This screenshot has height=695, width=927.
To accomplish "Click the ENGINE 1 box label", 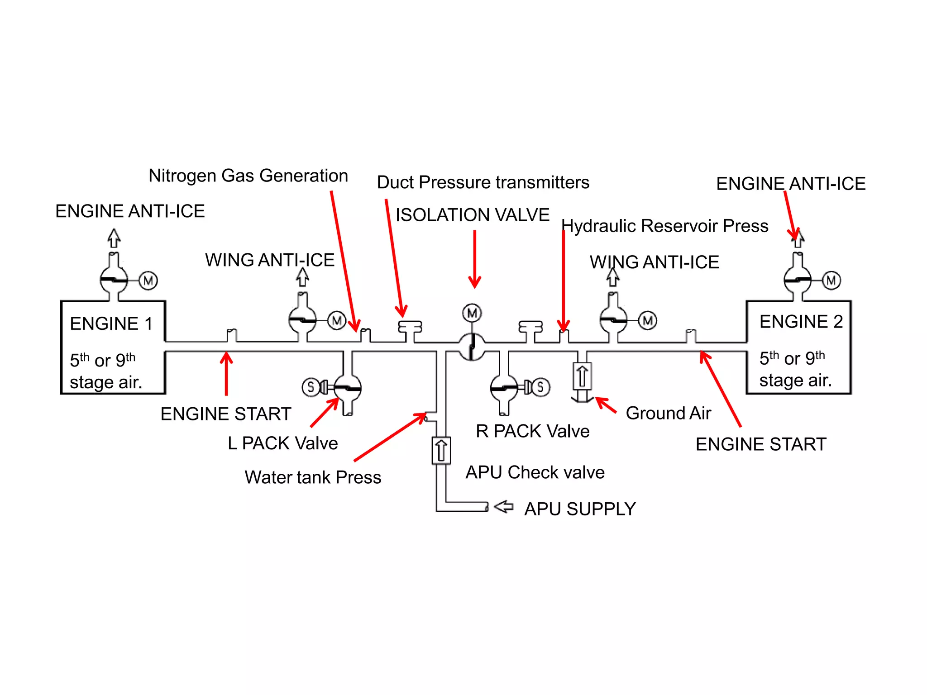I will click(x=111, y=324).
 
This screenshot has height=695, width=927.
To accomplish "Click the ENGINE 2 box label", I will click(x=801, y=322).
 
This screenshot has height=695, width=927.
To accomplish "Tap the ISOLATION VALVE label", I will click(x=472, y=215).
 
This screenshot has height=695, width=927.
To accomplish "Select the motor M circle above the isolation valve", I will click(x=472, y=313).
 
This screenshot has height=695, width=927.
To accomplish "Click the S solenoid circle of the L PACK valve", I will click(x=311, y=387).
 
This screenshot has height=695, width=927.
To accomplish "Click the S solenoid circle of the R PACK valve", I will click(x=540, y=387).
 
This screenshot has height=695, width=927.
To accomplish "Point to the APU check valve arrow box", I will click(x=441, y=450).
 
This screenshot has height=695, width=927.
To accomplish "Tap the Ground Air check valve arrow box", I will click(x=582, y=376).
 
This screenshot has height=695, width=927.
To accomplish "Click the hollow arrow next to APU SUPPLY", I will click(x=503, y=507).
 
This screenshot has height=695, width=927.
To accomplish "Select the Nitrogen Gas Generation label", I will click(x=248, y=176).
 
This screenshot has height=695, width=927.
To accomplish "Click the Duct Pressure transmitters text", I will click(x=483, y=182).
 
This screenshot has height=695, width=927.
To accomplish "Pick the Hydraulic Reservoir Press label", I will click(x=664, y=226).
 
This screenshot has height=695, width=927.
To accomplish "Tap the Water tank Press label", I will click(x=313, y=477).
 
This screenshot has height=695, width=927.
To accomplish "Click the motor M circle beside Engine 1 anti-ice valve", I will click(x=148, y=281).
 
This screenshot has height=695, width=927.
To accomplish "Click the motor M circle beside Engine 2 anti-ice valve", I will click(x=831, y=281).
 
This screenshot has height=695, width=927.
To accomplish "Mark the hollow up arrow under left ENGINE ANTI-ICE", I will click(x=114, y=238).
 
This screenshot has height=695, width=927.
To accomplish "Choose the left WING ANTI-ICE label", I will click(x=270, y=260).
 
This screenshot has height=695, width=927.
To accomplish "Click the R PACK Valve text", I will click(x=532, y=431).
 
